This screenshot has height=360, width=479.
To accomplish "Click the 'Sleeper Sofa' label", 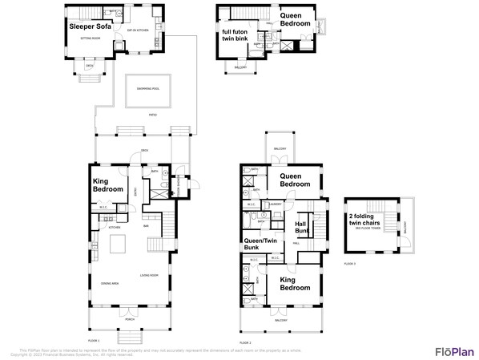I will point(90,26).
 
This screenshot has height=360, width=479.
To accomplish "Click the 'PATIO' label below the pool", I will point(152,115).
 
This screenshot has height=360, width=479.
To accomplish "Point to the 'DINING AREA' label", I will point(110,284).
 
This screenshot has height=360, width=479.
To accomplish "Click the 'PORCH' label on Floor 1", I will point(129,318).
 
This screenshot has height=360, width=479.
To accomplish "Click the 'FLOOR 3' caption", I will point(349,263).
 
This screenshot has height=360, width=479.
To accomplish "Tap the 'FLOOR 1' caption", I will point(93,340).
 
